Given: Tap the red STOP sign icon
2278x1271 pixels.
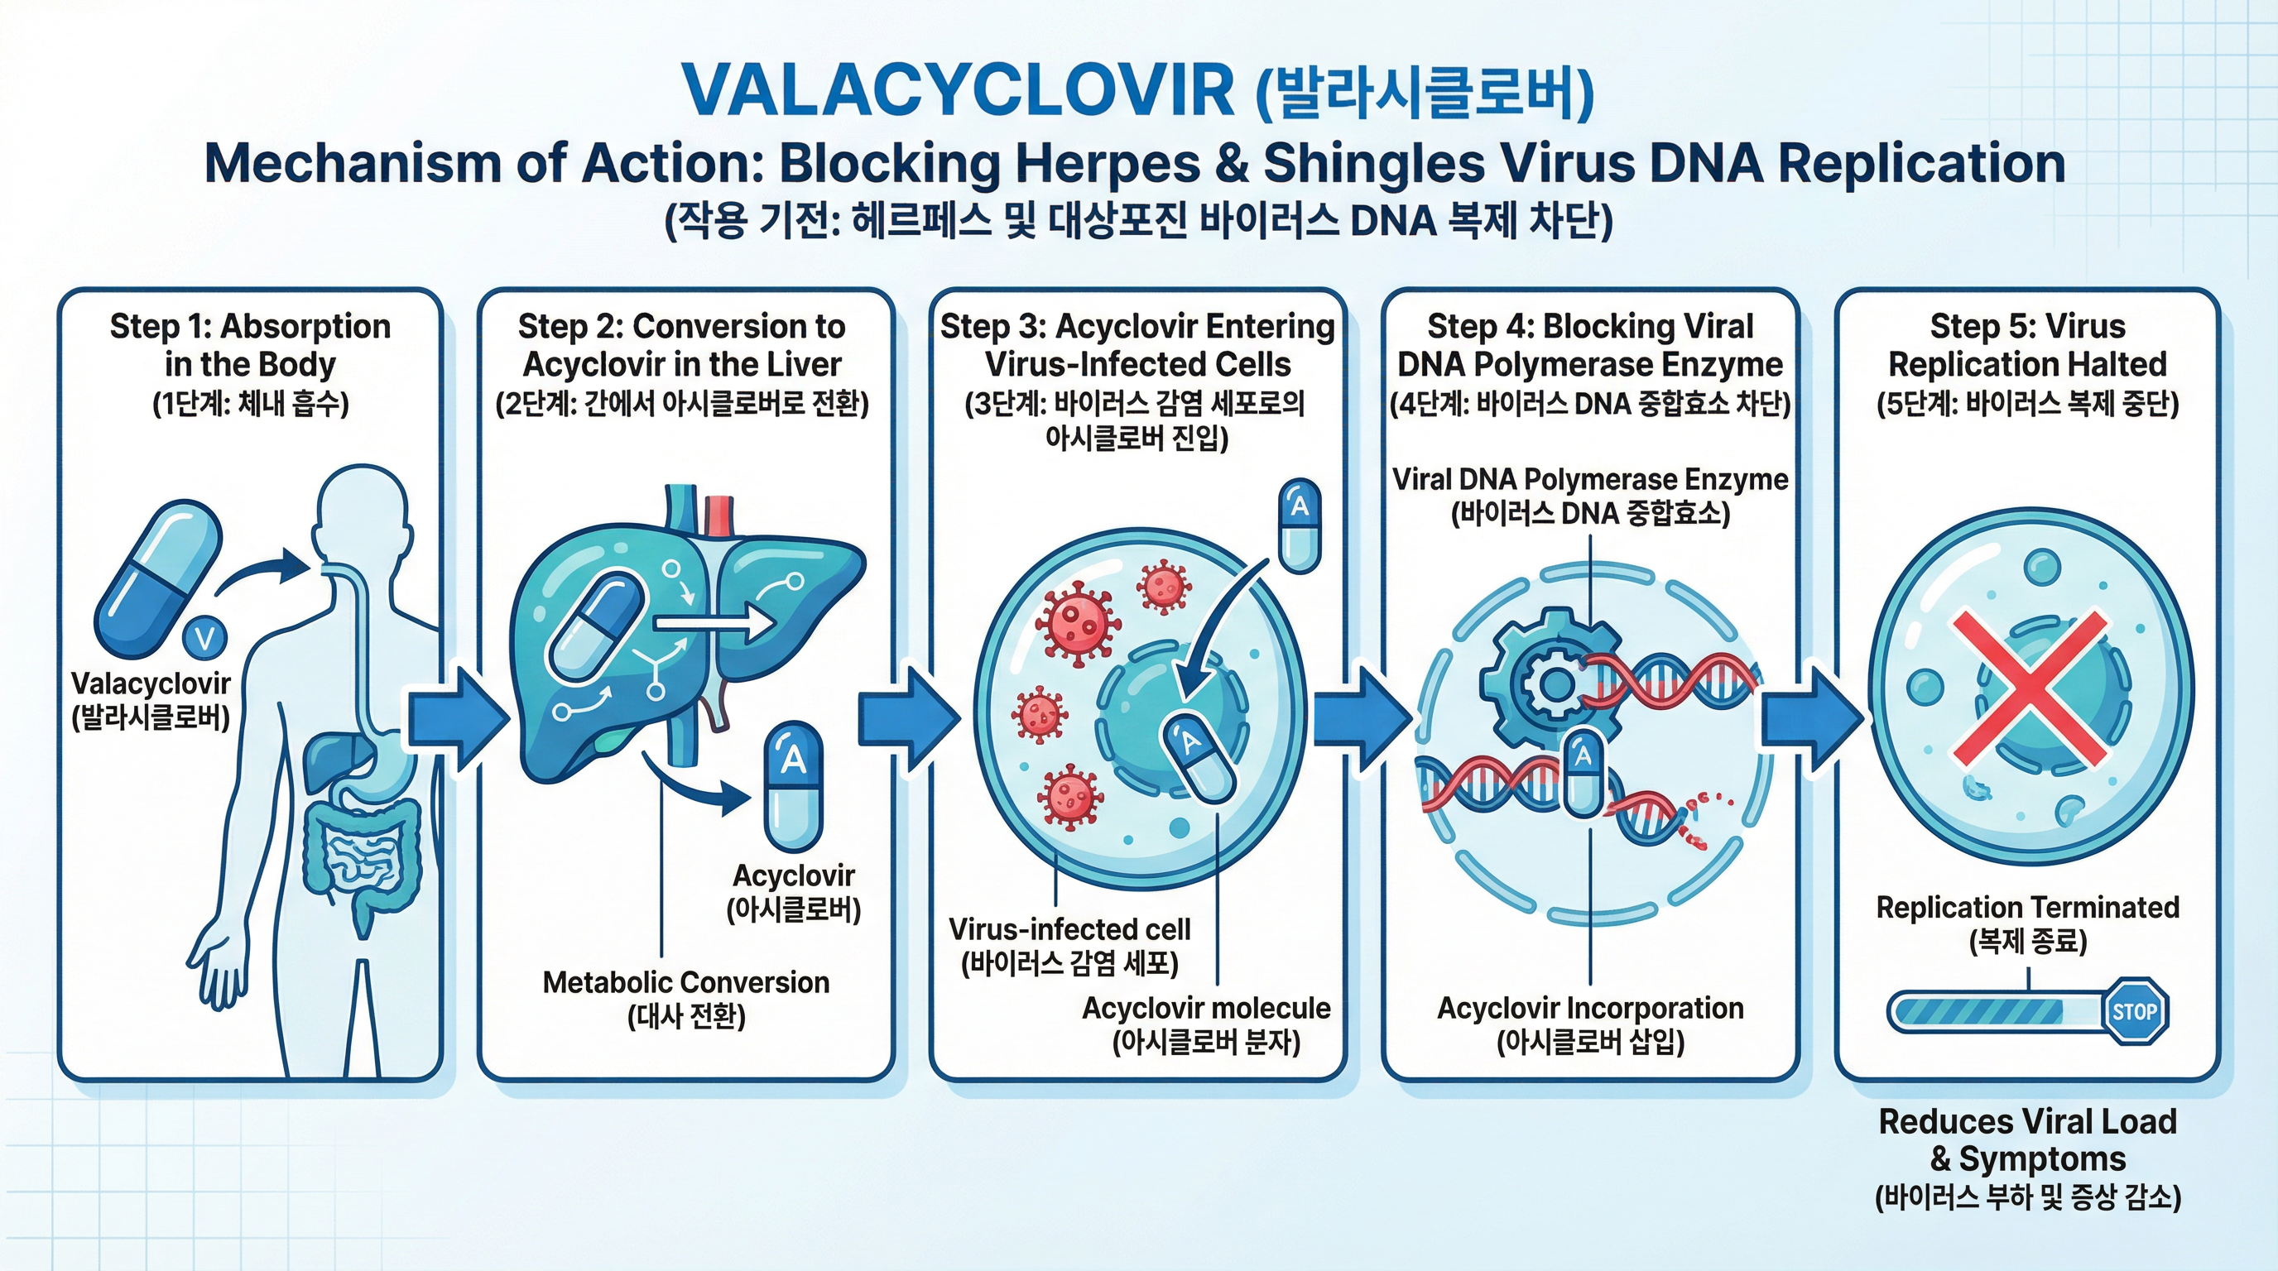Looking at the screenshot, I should click(x=2134, y=1011).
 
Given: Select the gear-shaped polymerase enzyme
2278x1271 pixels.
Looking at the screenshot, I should click(x=1552, y=679).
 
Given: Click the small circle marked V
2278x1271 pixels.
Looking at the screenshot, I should click(x=204, y=637).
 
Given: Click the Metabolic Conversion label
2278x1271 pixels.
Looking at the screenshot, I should click(x=685, y=983).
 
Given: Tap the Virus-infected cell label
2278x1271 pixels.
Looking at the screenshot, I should click(x=1069, y=930).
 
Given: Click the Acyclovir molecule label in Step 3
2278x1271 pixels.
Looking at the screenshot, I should click(x=1205, y=1009).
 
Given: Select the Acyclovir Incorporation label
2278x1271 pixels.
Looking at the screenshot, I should click(x=1589, y=1009).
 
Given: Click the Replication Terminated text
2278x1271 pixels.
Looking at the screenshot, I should click(x=2027, y=908).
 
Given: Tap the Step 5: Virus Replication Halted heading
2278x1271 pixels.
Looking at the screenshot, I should click(x=2027, y=346).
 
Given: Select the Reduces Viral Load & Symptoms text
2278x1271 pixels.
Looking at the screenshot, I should click(x=2027, y=1140).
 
